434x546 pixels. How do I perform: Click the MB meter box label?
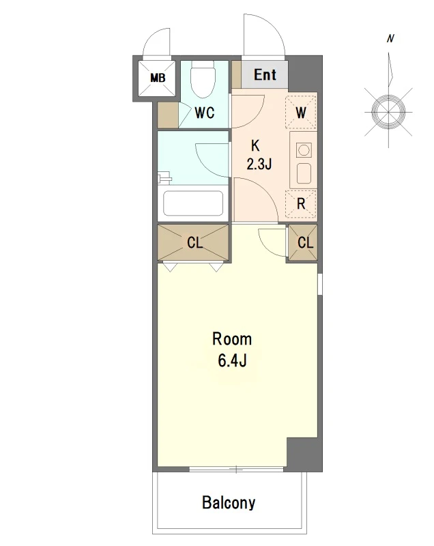(x=158, y=78)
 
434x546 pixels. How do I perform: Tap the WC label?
(x=204, y=113)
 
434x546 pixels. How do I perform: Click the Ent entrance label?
(x=265, y=74)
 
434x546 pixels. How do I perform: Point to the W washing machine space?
(x=301, y=112)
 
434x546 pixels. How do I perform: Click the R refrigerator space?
(x=301, y=203)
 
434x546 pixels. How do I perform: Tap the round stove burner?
(x=304, y=150)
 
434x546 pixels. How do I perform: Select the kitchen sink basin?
(x=304, y=173)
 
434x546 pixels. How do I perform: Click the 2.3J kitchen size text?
(x=259, y=163)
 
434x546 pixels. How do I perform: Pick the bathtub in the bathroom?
(x=193, y=203)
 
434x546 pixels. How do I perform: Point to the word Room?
(x=232, y=339)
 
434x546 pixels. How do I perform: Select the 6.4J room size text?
(x=232, y=360)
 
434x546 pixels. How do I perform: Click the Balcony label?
(x=229, y=502)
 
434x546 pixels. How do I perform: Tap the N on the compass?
(x=390, y=38)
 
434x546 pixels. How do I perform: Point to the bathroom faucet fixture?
(x=164, y=178)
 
